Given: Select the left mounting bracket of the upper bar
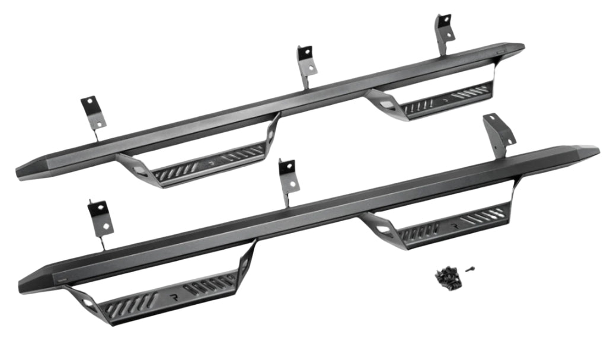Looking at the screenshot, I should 94,114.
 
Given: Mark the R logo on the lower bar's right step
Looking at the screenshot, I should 455,226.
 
